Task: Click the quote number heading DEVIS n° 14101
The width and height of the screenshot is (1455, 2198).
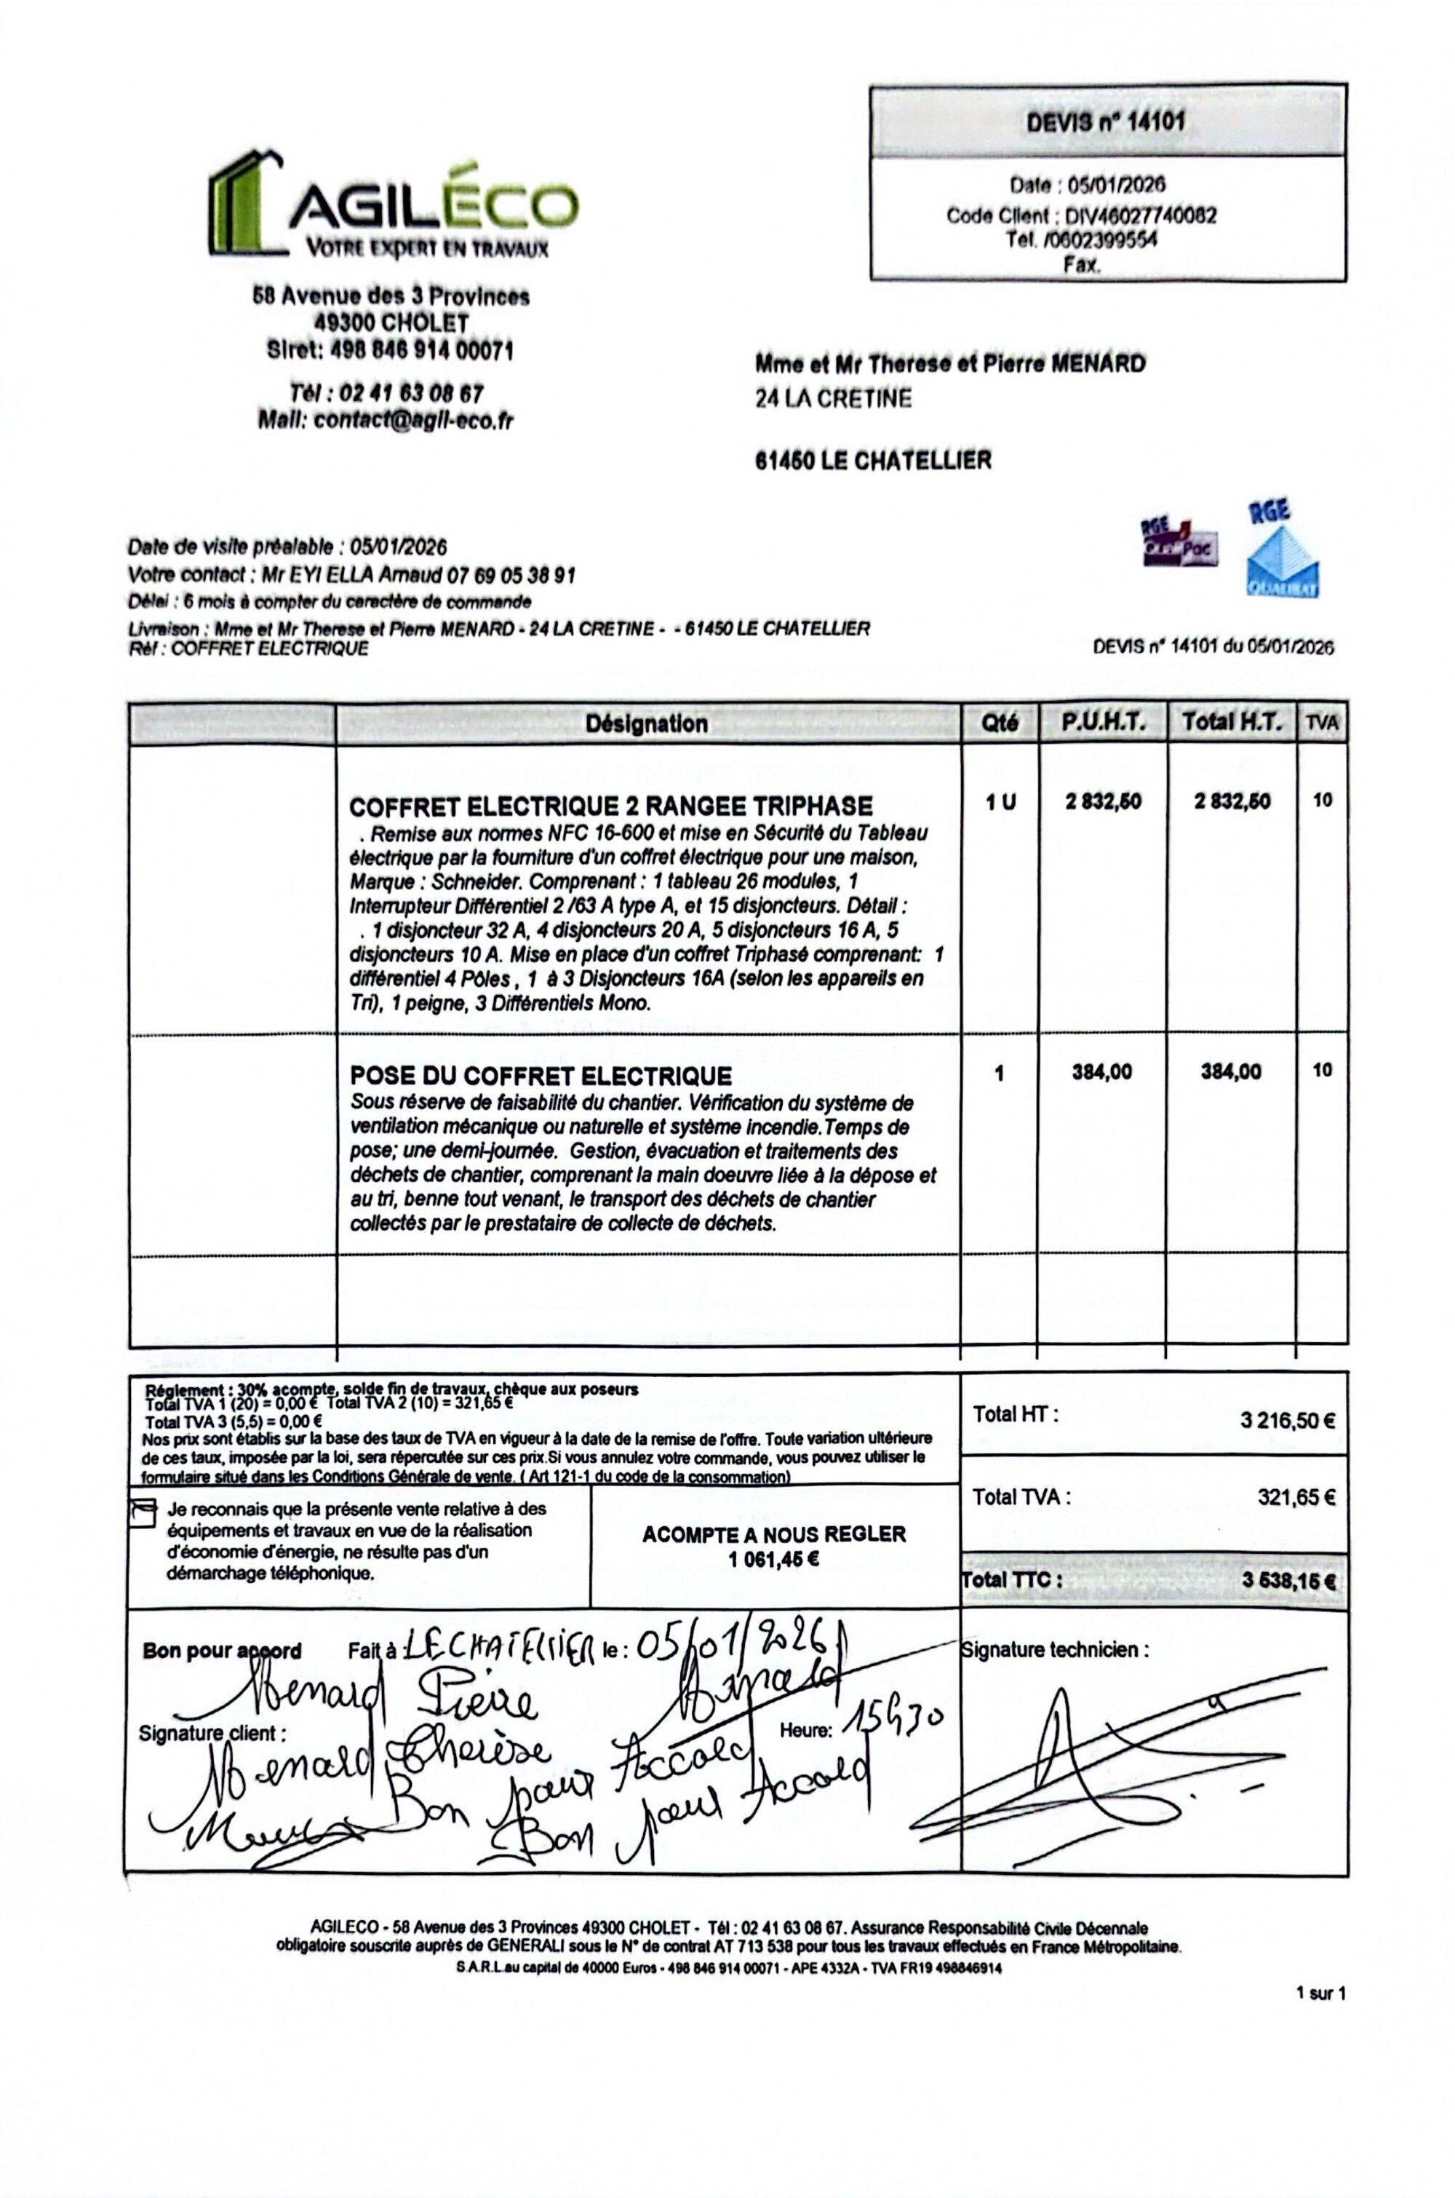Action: (1105, 122)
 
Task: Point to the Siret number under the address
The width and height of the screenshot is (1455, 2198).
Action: (390, 350)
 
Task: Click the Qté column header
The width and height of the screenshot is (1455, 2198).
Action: (1000, 723)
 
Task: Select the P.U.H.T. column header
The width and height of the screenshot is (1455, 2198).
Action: (1104, 722)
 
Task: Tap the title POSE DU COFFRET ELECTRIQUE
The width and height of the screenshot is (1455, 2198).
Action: (541, 1076)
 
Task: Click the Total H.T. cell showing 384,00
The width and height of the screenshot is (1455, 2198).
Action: (1232, 1072)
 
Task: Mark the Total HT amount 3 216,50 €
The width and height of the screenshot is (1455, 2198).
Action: (1287, 1420)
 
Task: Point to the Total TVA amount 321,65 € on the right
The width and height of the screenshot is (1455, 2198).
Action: (1296, 1496)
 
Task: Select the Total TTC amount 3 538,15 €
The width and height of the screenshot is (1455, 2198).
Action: (1289, 1581)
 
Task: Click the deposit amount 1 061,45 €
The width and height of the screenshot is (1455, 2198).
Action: (774, 1558)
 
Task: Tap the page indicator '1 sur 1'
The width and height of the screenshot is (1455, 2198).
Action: (1321, 1992)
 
